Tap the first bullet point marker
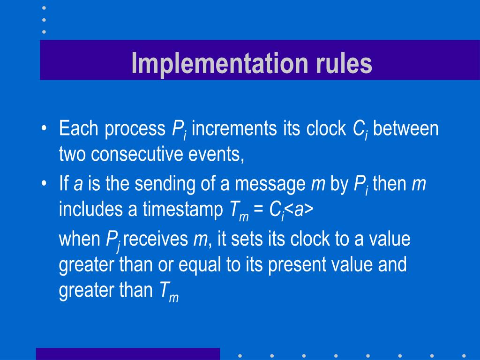[44, 129]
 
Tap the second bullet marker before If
[44, 184]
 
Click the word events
[219, 154]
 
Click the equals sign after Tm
[258, 210]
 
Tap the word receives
[155, 240]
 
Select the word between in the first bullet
[406, 129]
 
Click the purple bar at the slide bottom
[127, 353]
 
